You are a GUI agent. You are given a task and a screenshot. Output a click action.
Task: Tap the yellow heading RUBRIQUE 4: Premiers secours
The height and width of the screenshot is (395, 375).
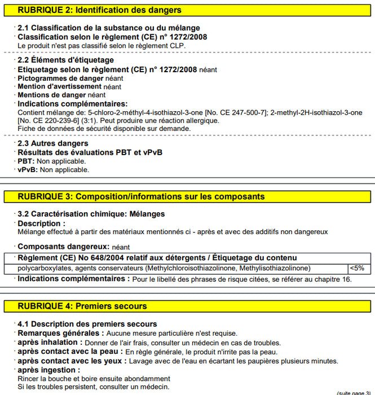click(x=82, y=306)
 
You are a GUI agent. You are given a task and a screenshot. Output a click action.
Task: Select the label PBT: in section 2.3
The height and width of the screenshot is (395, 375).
click(x=26, y=161)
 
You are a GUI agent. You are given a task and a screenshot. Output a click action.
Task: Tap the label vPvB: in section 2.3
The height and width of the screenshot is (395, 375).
click(x=28, y=169)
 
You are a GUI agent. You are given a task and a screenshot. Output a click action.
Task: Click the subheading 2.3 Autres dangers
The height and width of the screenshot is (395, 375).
click(x=52, y=144)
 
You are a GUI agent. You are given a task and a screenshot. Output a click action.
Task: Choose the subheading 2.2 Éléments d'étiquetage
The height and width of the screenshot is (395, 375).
click(x=65, y=60)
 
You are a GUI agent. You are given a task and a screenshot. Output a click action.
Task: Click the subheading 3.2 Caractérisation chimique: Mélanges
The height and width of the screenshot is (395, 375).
click(x=91, y=214)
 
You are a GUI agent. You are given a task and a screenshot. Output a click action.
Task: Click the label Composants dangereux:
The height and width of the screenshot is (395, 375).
click(x=64, y=247)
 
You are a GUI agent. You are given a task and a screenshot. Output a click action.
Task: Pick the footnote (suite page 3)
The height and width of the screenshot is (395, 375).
click(x=353, y=392)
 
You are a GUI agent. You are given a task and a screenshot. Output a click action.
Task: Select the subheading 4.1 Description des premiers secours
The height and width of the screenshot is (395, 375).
click(x=87, y=324)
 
